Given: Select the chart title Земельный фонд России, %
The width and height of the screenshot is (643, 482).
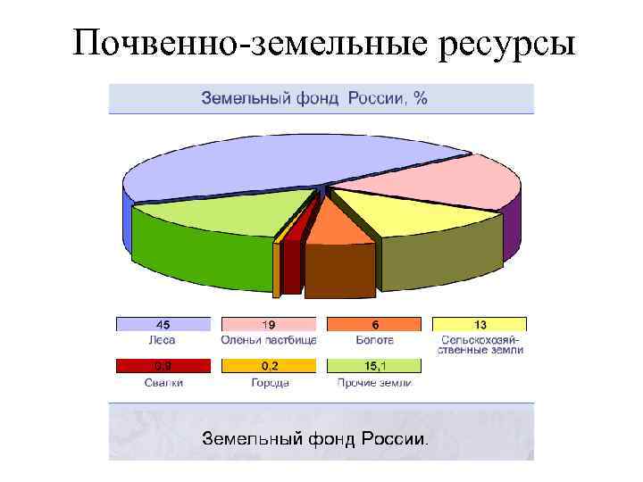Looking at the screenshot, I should [313, 98].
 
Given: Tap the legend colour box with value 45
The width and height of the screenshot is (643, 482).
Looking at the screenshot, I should [163, 324].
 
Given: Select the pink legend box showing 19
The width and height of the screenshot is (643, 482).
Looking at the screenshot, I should [268, 324].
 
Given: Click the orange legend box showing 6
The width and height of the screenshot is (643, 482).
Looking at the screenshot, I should [373, 324].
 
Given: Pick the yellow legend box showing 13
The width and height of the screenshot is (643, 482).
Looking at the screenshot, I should [480, 324].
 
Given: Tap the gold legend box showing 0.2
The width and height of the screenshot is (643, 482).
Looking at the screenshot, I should [268, 365].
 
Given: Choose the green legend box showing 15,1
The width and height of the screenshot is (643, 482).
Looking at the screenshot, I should [373, 365].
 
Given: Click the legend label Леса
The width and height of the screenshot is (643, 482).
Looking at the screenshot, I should [163, 340].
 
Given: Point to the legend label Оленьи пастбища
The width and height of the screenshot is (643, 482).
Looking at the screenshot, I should [269, 340].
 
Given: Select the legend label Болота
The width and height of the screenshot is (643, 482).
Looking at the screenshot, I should [373, 340].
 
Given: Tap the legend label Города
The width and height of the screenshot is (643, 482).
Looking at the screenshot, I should [269, 383].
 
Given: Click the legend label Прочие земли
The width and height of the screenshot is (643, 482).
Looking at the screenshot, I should [374, 383].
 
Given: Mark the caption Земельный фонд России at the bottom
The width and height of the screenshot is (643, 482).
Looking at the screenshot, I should [314, 439].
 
